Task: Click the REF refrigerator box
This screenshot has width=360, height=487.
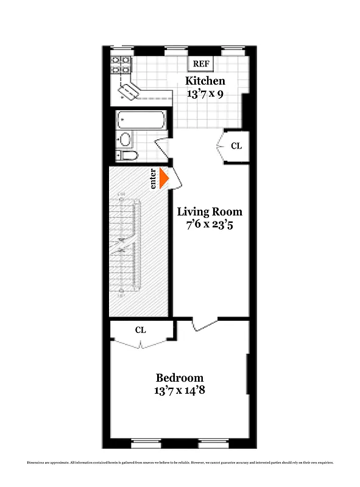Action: [x=200, y=63]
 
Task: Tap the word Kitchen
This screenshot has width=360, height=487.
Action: [x=205, y=81]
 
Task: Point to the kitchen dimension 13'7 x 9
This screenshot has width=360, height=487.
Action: [x=205, y=94]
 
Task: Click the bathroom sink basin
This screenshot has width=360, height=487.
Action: [x=126, y=139]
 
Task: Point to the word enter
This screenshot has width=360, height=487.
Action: [x=154, y=178]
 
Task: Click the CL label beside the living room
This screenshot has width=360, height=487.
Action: [x=236, y=146]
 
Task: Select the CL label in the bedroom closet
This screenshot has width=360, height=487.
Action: [x=141, y=330]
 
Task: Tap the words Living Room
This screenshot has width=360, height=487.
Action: [x=210, y=212]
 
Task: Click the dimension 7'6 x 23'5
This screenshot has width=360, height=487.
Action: [x=210, y=225]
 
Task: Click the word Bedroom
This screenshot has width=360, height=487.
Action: [x=179, y=377]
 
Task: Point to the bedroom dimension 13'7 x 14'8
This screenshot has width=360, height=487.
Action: [x=179, y=391]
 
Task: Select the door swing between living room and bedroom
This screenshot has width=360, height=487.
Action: [x=204, y=324]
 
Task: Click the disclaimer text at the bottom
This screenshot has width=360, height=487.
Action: [x=180, y=464]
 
